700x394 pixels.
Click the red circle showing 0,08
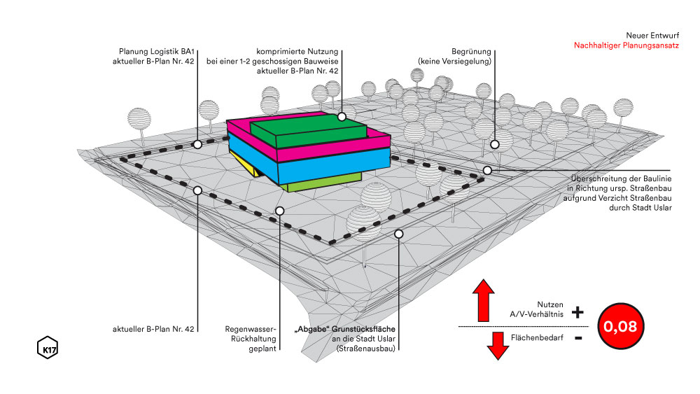click(621, 326)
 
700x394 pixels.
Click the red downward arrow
click(498, 345)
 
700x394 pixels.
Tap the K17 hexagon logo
click(46, 348)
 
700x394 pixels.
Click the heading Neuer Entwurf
click(647, 34)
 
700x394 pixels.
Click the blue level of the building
click(329, 164)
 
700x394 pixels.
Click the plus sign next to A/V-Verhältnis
click(577, 312)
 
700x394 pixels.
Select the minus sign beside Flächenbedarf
click(577, 339)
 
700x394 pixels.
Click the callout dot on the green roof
click(342, 117)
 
